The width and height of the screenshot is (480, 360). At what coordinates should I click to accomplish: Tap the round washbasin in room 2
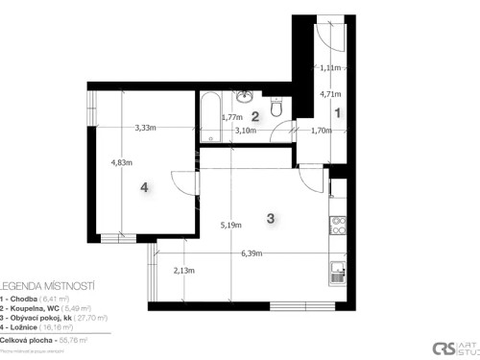tap(246, 96)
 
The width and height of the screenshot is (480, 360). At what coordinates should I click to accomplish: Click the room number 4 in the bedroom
tap(145, 188)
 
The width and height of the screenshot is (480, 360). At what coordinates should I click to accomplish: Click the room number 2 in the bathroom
tap(255, 115)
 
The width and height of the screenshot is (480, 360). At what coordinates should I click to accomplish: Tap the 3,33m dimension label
tap(147, 128)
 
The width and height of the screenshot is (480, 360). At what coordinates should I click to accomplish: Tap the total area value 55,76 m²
tap(73, 340)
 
